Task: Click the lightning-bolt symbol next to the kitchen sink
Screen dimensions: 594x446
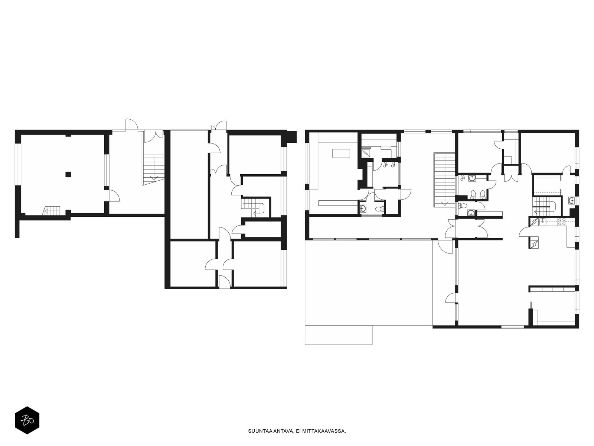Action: click(x=533, y=222)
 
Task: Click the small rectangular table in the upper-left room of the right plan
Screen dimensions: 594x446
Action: click(x=341, y=153)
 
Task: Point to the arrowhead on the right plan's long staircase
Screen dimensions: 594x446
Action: click(x=444, y=204)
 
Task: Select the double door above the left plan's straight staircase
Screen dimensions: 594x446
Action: click(x=154, y=136)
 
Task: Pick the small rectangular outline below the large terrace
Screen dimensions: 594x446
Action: click(x=339, y=335)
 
